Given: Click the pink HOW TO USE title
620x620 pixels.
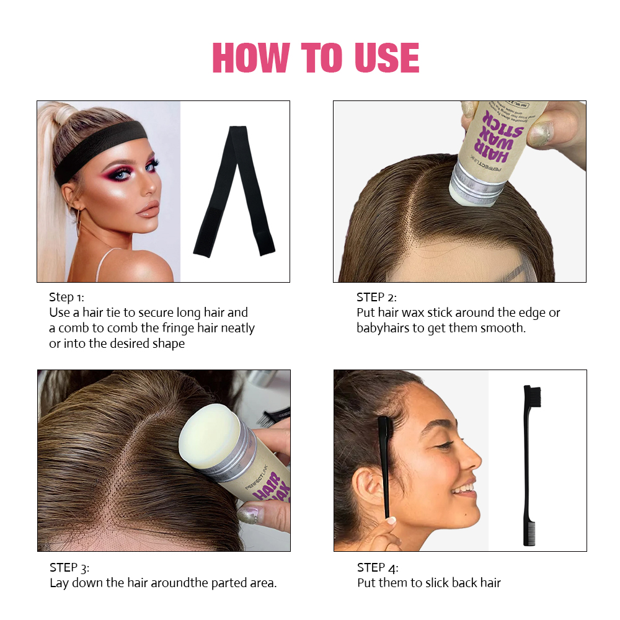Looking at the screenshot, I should (316, 59).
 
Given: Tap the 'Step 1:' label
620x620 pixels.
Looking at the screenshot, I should (70, 297).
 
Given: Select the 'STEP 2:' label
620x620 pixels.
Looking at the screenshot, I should (376, 297).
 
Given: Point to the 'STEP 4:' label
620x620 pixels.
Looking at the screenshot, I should (378, 567).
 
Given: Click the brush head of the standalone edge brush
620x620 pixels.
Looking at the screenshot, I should (532, 397).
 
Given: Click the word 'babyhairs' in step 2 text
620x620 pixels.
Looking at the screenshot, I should (383, 328).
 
